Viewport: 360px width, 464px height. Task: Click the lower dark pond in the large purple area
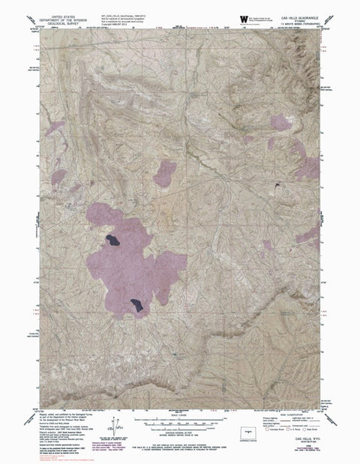coord(137,304)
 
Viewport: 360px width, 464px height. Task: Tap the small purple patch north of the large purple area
coord(164,175)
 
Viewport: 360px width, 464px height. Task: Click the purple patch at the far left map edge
coord(55,128)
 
